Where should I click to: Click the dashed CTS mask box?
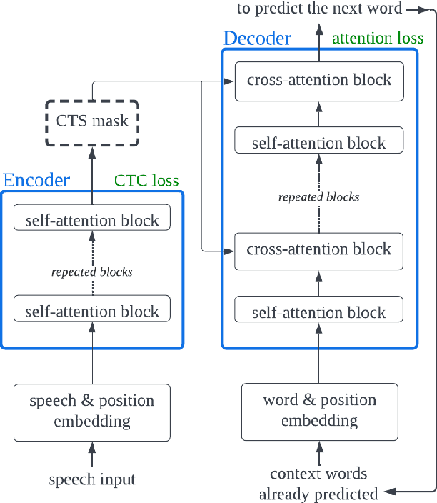click(x=92, y=121)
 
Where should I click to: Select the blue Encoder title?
click(x=37, y=180)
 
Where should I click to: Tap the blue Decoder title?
click(x=257, y=38)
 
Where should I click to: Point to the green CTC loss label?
click(x=146, y=181)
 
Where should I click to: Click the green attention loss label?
click(x=378, y=37)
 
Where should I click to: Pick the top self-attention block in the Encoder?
click(x=92, y=220)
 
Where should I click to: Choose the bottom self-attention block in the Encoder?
click(x=92, y=311)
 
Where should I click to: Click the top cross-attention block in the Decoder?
click(x=318, y=79)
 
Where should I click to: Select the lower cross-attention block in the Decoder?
click(x=318, y=249)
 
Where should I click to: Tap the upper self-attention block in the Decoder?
click(x=318, y=143)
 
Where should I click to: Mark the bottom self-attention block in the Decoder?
click(x=318, y=312)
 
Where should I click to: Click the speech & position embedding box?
click(x=92, y=412)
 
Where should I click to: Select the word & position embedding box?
click(x=318, y=411)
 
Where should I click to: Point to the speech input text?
click(x=92, y=479)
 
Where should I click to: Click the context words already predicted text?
click(x=318, y=484)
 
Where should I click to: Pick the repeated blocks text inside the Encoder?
click(x=92, y=272)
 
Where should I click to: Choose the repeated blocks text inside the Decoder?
click(x=318, y=196)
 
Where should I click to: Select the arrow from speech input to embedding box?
click(x=92, y=454)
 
